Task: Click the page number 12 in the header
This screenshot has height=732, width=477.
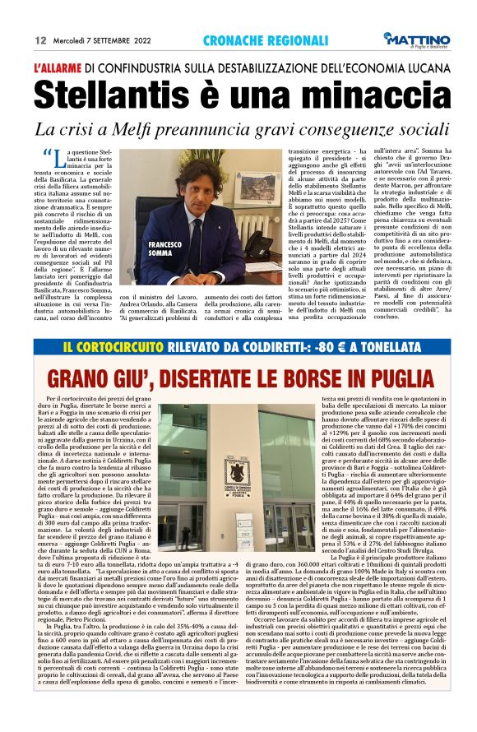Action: tap(39, 39)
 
